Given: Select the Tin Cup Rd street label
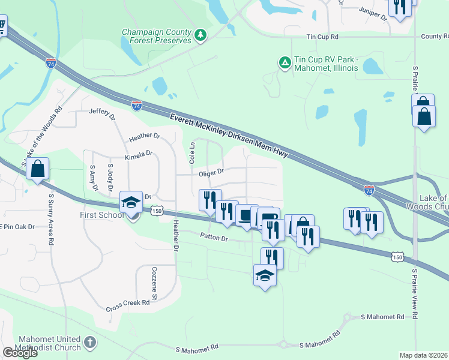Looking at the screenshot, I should click(x=322, y=37).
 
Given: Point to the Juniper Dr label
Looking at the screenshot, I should click(x=373, y=14).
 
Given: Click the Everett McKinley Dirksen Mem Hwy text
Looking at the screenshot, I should click(x=229, y=137).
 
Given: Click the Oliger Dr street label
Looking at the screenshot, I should click(x=211, y=172).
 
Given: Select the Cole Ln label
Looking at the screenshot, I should click(x=193, y=153).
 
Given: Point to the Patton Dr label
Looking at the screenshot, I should click(x=214, y=238).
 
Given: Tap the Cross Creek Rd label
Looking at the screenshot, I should click(x=127, y=303).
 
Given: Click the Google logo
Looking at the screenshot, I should click(x=20, y=353).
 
